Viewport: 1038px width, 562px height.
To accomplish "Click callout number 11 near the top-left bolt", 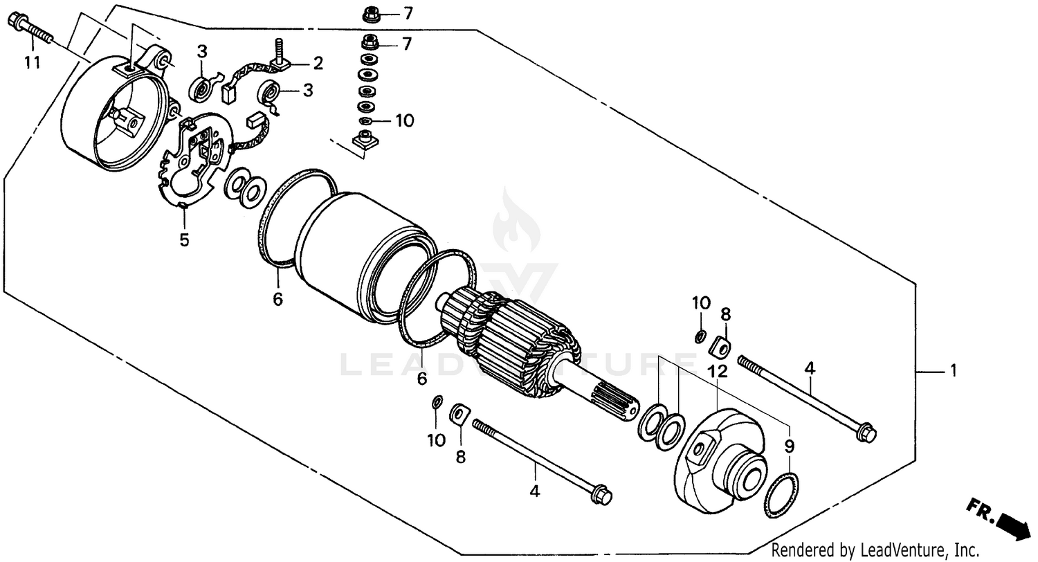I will [x=32, y=63].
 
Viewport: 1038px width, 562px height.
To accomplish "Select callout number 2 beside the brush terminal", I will [x=318, y=64].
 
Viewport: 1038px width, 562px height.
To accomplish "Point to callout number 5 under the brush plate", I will [x=184, y=240].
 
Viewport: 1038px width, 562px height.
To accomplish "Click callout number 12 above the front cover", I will [x=718, y=372].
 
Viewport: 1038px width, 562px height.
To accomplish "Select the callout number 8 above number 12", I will [x=725, y=314].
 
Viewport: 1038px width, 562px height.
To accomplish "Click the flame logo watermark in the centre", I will [x=516, y=221].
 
